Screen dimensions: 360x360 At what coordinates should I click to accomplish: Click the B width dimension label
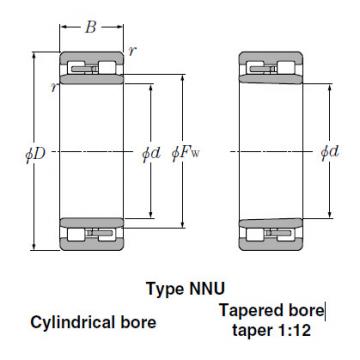click(x=89, y=27)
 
